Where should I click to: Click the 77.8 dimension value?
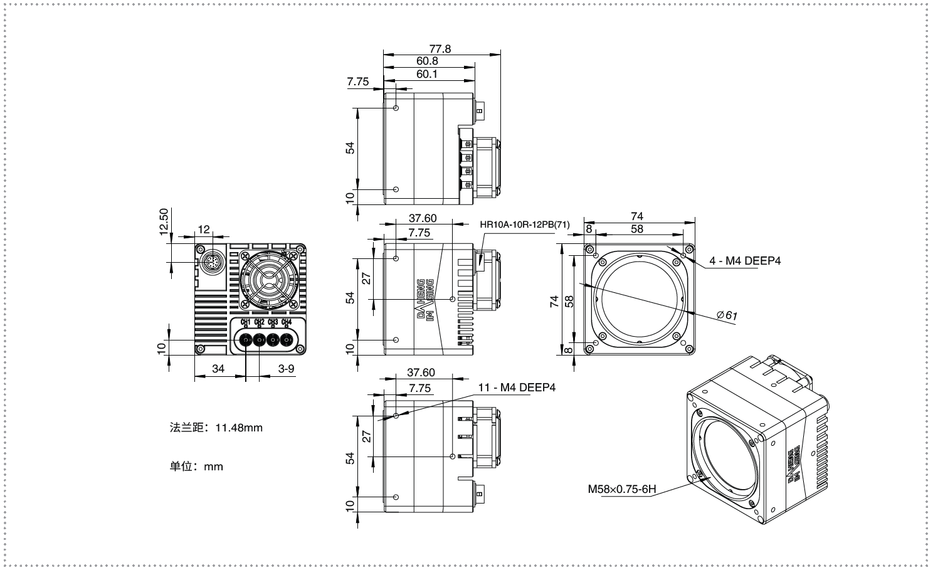pyautogui.click(x=440, y=49)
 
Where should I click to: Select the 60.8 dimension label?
pyautogui.click(x=427, y=61)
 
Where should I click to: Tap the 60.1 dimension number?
pyautogui.click(x=426, y=74)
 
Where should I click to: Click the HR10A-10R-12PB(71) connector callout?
pyautogui.click(x=524, y=224)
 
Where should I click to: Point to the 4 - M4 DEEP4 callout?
pyautogui.click(x=745, y=261)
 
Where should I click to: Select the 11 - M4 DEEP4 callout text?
pyautogui.click(x=517, y=388)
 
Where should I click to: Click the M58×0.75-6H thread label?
pyautogui.click(x=622, y=488)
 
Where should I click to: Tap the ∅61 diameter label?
pyautogui.click(x=727, y=315)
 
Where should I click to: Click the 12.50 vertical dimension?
pyautogui.click(x=164, y=222)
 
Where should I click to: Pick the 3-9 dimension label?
pyautogui.click(x=286, y=368)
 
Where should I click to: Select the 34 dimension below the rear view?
pyautogui.click(x=218, y=368)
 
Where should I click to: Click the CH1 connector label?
pyautogui.click(x=246, y=322)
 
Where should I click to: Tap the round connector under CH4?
pyautogui.click(x=286, y=340)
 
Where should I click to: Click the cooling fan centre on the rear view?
pyautogui.click(x=269, y=280)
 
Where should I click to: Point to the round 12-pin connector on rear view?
pyautogui.click(x=212, y=262)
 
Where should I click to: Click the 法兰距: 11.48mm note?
pyautogui.click(x=216, y=428)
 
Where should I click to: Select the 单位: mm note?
pyautogui.click(x=196, y=467)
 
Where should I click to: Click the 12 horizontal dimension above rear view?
pyautogui.click(x=204, y=230)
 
